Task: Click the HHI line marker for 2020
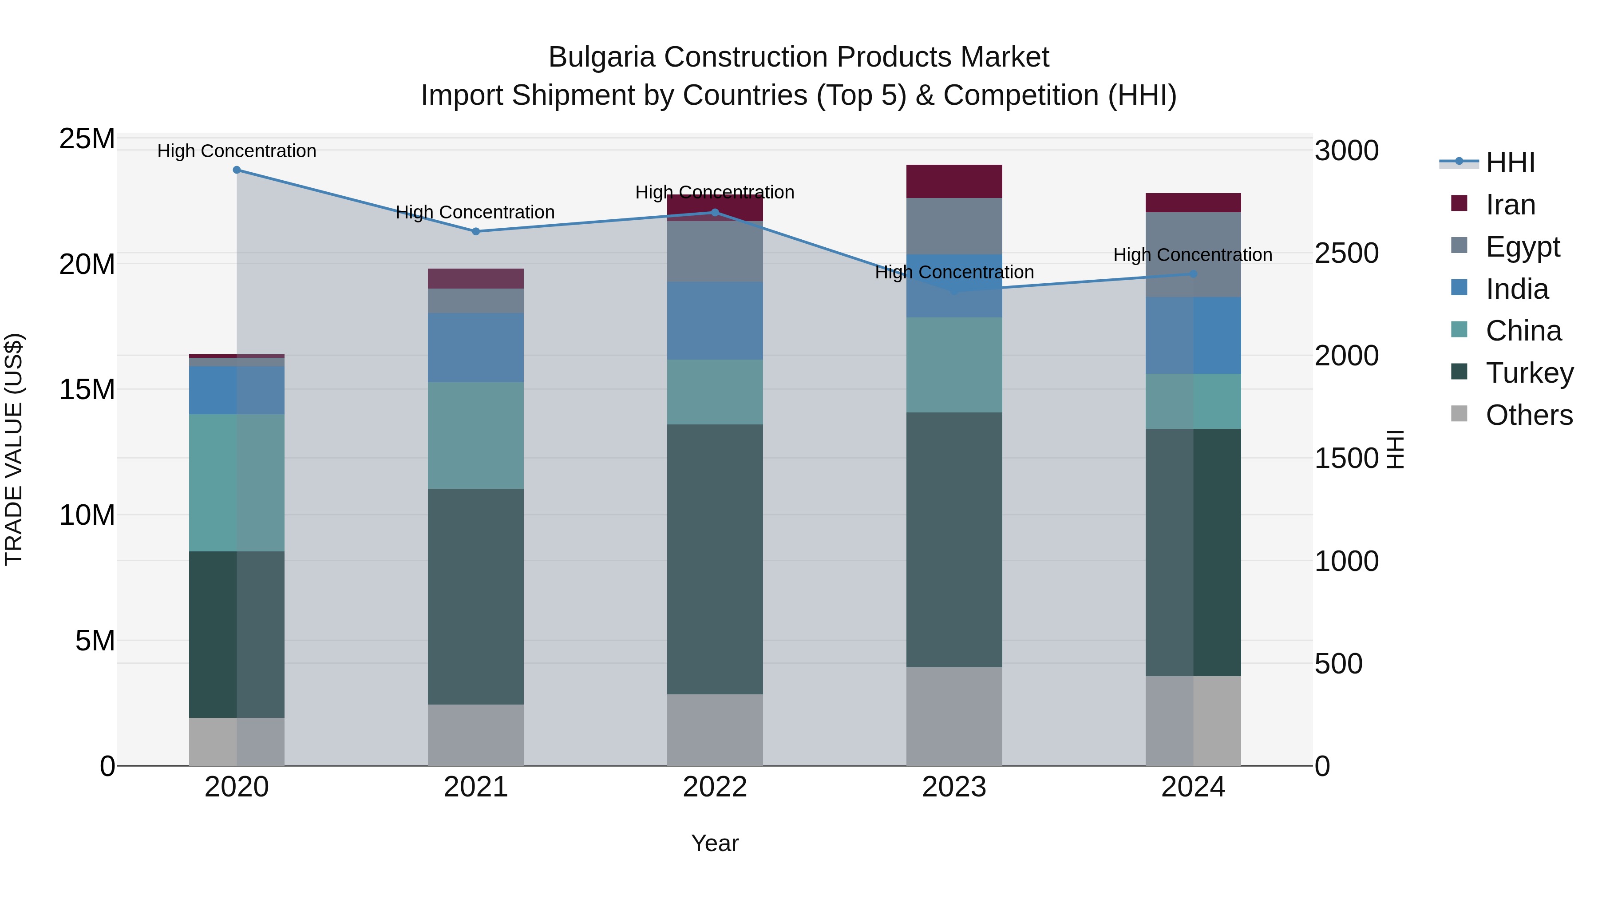pos(236,170)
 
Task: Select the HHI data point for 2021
pos(476,231)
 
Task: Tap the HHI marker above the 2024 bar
pos(1193,273)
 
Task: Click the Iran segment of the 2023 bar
pos(954,181)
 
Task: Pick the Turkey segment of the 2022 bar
pos(715,558)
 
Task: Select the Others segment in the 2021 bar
pos(476,735)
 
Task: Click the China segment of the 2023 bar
pos(954,365)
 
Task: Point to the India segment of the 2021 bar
pos(476,348)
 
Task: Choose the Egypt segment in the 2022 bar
pos(715,252)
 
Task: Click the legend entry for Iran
pos(1510,205)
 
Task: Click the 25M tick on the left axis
pos(87,139)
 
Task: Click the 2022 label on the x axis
pos(715,787)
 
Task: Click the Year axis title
pos(715,843)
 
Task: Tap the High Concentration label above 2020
pos(236,151)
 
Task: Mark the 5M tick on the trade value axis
pos(95,640)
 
